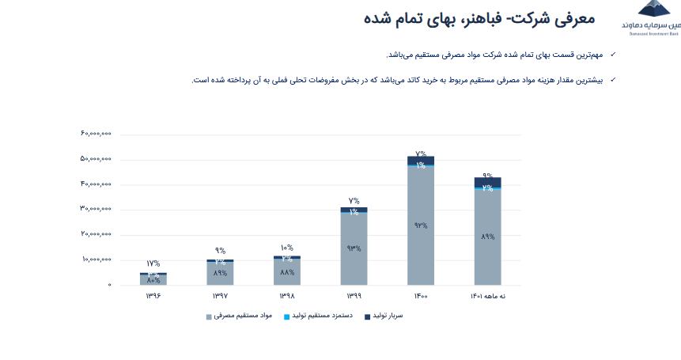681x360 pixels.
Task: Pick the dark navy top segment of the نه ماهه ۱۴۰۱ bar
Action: coord(487,181)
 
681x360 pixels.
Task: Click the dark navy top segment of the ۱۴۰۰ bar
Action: coord(421,159)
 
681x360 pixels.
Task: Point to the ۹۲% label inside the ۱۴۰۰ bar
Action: coord(421,225)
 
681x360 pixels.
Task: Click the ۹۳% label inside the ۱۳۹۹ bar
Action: coord(354,248)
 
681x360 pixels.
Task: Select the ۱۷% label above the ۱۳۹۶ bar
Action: coord(153,263)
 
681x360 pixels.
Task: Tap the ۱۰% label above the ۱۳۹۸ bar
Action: coord(286,248)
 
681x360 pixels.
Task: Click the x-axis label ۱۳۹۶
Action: coord(153,296)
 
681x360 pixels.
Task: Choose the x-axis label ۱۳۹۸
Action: coord(286,296)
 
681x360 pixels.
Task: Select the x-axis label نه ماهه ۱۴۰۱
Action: coord(487,296)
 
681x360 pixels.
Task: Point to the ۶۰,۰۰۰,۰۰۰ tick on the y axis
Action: coord(96,134)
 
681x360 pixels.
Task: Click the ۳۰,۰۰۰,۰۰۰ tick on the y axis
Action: coord(96,209)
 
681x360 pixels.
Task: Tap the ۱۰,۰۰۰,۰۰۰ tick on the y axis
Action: coord(96,260)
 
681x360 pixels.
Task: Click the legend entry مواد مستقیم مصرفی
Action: coord(242,316)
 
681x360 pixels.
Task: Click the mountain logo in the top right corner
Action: coord(653,9)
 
